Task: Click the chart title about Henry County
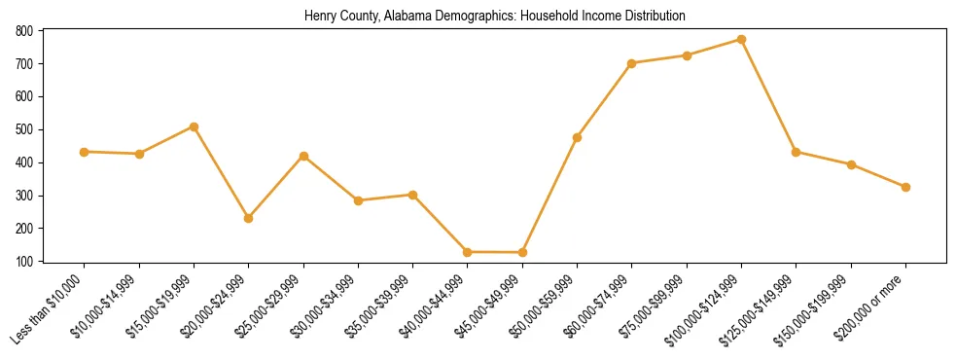point(495,16)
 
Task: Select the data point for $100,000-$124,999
point(742,40)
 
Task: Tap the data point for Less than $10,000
point(85,152)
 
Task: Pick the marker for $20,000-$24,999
point(249,218)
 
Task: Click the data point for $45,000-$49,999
point(523,253)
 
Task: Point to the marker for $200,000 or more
point(906,187)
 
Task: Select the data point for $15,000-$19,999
point(195,126)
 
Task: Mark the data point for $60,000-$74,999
point(632,63)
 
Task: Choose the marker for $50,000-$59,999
point(578,138)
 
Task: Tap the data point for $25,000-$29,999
point(304,156)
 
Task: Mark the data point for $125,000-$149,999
point(797,152)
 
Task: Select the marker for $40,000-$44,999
point(468,252)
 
